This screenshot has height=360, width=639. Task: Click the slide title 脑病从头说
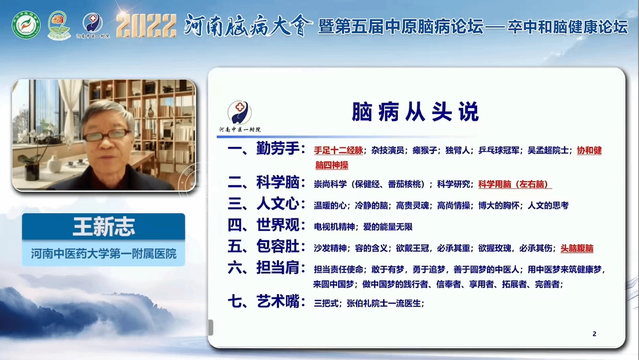click(415, 112)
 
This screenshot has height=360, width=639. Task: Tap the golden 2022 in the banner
click(146, 25)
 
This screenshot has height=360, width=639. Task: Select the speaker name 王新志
click(104, 227)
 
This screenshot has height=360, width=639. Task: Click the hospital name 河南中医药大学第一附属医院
click(104, 254)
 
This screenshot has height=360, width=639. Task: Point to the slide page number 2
click(594, 334)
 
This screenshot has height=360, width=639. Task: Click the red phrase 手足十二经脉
click(338, 150)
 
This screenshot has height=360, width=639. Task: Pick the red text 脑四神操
click(332, 165)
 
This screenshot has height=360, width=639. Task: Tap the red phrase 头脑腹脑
click(577, 248)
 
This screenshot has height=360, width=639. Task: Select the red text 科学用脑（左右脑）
click(515, 184)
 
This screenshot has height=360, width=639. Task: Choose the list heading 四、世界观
click(266, 225)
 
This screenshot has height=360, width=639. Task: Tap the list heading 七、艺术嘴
click(266, 301)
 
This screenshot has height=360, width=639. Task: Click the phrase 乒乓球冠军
click(499, 150)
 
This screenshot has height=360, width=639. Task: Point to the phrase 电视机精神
click(334, 227)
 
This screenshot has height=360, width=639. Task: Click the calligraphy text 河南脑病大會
click(248, 25)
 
